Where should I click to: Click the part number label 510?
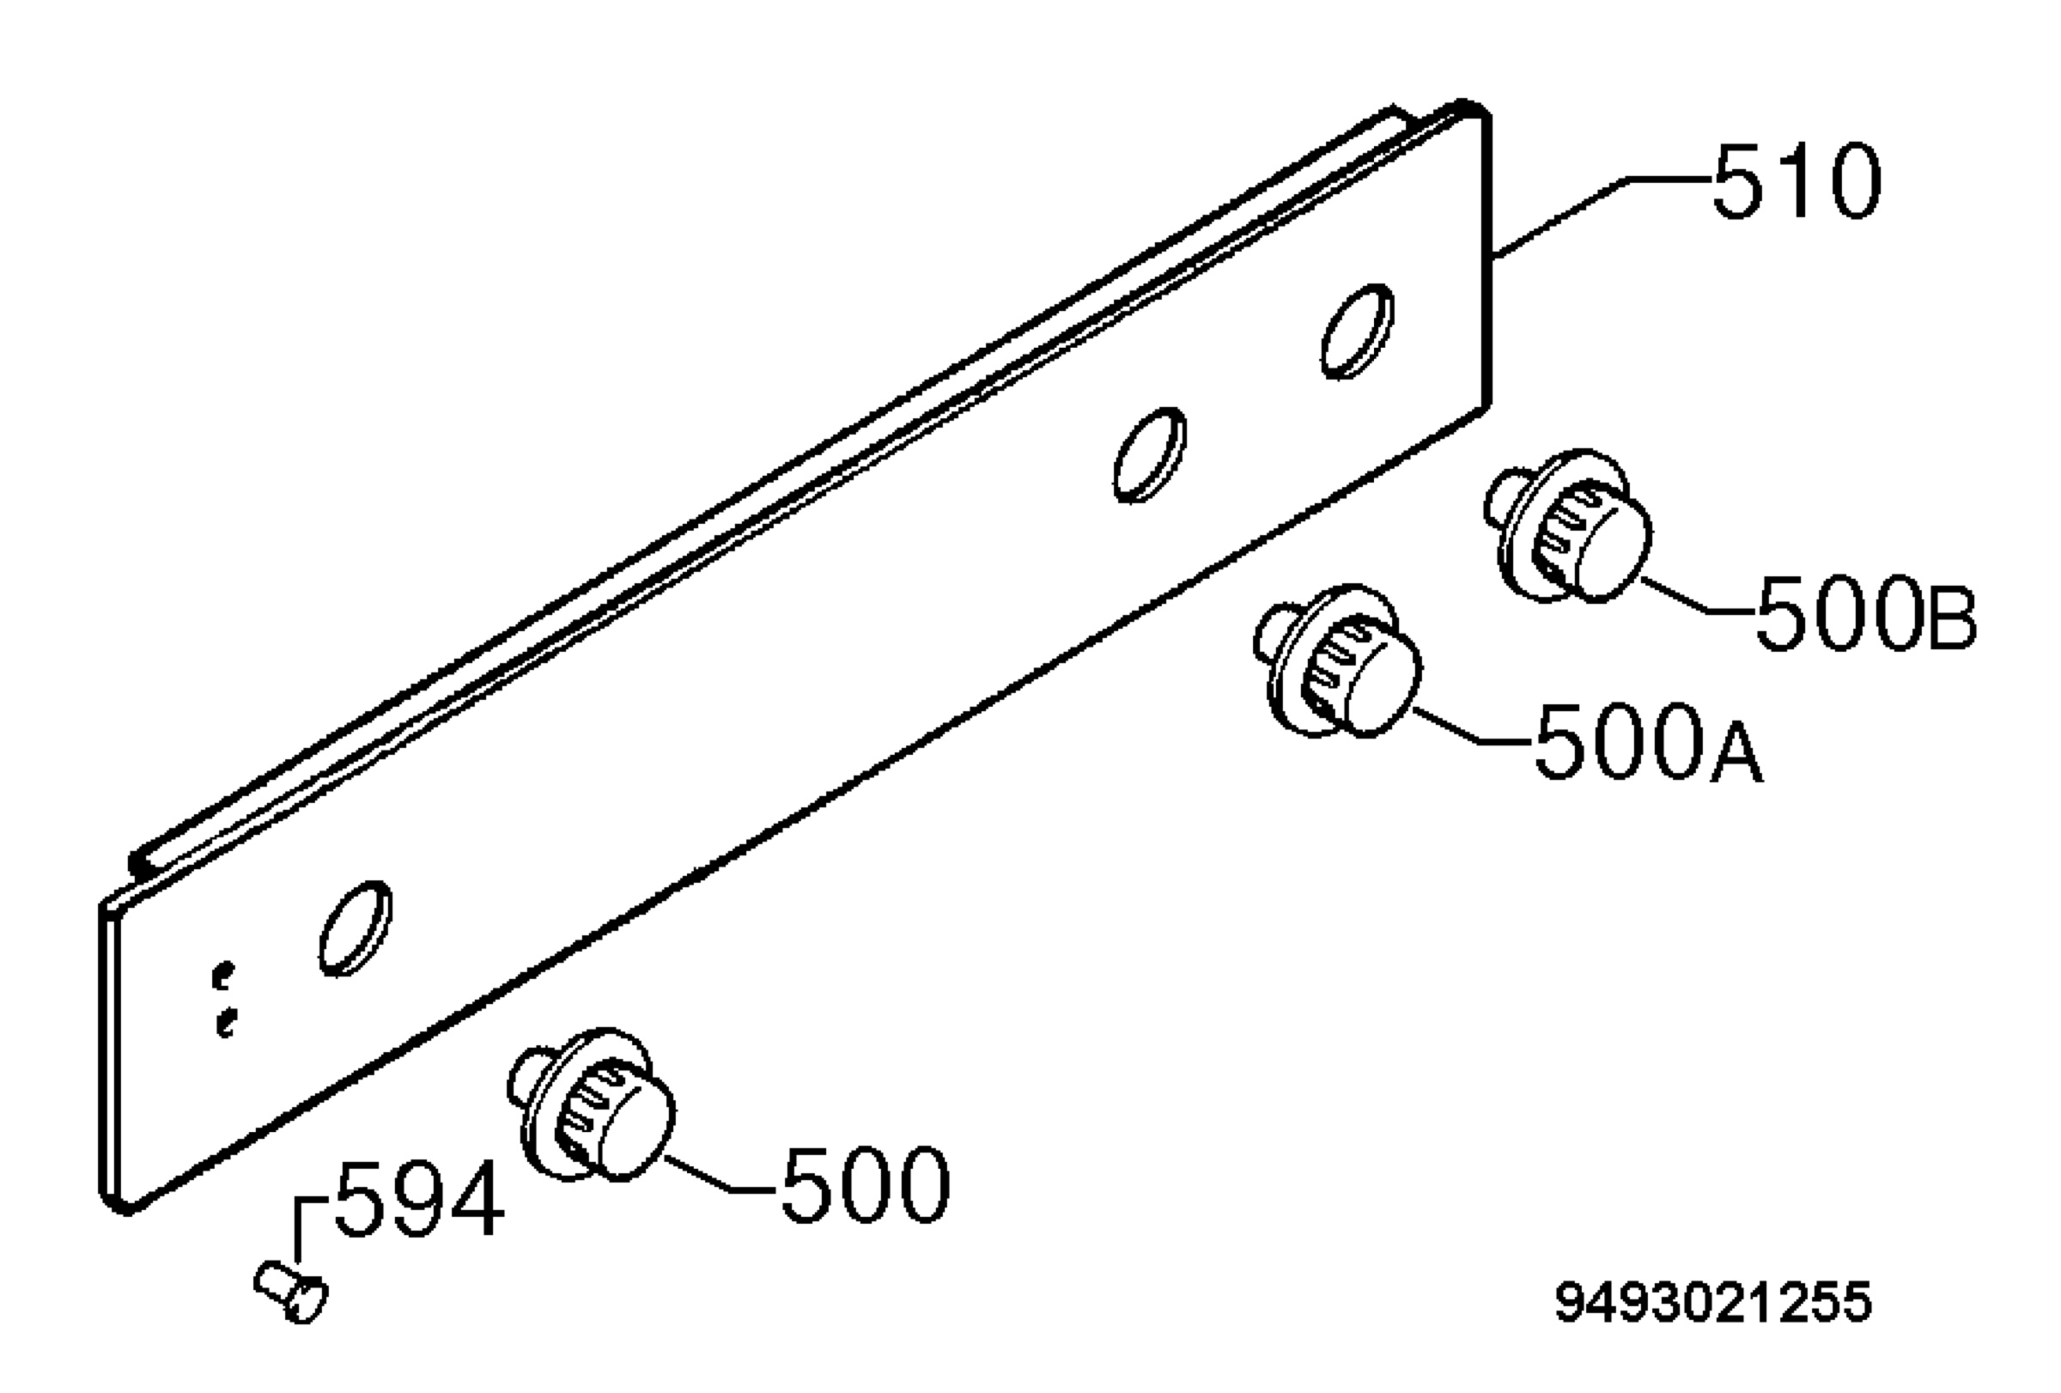[x=1796, y=182]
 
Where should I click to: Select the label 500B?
[x=1866, y=613]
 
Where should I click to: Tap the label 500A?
[x=1649, y=742]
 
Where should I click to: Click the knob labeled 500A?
[x=1338, y=661]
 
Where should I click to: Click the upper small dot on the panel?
[x=223, y=976]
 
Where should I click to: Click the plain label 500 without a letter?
[x=865, y=1185]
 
